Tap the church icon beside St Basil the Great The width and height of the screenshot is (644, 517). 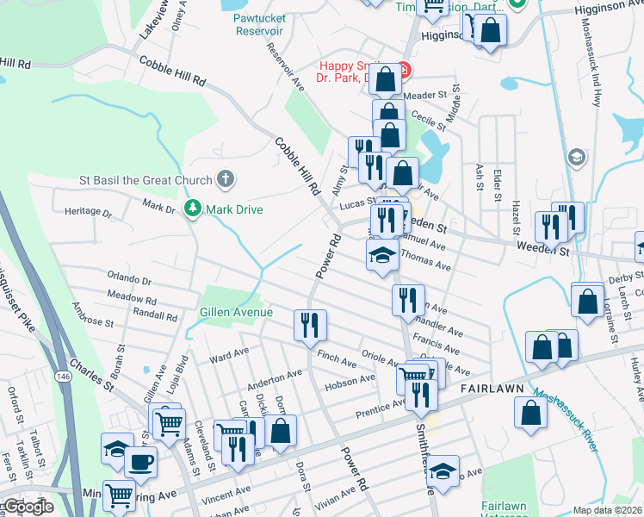tap(225, 180)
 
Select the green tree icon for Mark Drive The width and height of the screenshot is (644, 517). tap(193, 209)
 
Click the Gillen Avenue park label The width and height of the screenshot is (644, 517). tap(236, 312)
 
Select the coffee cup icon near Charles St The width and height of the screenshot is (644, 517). tap(140, 461)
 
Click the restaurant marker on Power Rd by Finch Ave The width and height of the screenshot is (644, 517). tap(309, 325)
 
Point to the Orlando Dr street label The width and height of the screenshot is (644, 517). tap(129, 281)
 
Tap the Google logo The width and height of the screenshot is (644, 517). tap(29, 507)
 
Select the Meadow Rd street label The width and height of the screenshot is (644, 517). tap(132, 297)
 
